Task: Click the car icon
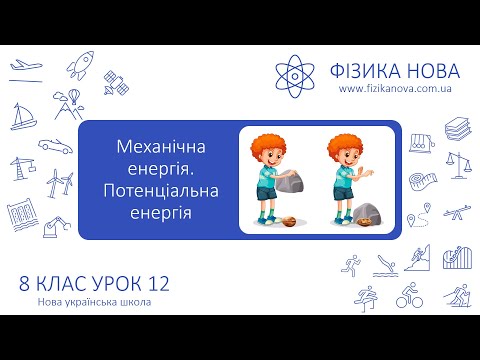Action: point(56,145)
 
